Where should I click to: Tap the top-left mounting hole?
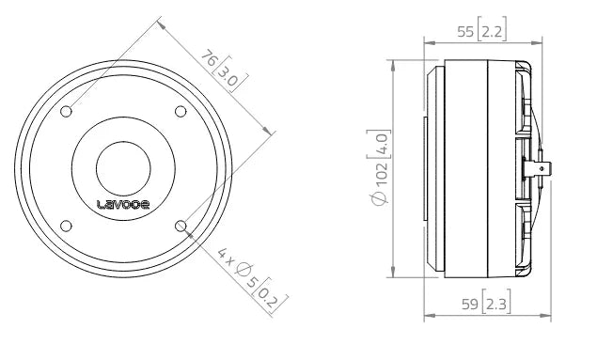pyautogui.click(x=67, y=112)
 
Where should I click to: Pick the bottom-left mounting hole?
pyautogui.click(x=67, y=225)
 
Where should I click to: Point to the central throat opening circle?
pyautogui.click(x=124, y=167)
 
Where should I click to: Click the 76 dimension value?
pyautogui.click(x=211, y=58)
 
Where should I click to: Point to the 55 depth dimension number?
pyautogui.click(x=464, y=31)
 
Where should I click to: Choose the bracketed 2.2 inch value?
pyautogui.click(x=491, y=31)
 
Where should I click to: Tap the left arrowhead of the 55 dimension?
pyautogui.click(x=429, y=42)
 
